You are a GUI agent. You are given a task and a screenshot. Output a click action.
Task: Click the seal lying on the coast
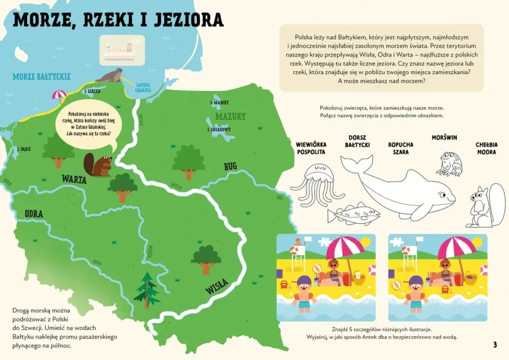click(x=110, y=75)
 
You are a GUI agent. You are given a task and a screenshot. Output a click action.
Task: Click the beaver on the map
click(x=97, y=165)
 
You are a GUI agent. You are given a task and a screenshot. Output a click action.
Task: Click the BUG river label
click(x=230, y=166)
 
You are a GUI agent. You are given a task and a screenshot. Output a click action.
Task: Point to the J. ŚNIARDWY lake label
click(x=219, y=129)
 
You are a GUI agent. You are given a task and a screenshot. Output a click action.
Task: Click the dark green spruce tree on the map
click(x=147, y=289)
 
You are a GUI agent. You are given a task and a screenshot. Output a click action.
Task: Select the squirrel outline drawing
click(x=486, y=204)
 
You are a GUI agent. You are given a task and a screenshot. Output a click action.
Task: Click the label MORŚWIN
click(x=444, y=138)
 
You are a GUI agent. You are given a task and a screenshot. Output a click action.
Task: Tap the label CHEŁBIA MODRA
click(x=486, y=148)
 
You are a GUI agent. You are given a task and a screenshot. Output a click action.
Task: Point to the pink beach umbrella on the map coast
click(x=59, y=95)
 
